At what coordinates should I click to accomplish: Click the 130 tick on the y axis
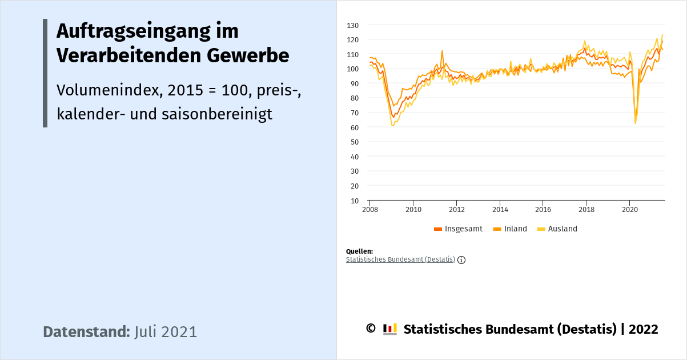pos(352,25)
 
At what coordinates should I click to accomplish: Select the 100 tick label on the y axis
pos(352,69)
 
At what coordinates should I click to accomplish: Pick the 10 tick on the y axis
pos(354,201)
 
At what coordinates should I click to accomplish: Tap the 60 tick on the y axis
pos(354,127)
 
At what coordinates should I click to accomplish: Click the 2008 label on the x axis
pos(370,209)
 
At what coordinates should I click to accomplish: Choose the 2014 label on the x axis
pos(500,209)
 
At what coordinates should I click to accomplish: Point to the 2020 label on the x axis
pos(629,209)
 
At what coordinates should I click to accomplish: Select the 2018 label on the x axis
pos(586,209)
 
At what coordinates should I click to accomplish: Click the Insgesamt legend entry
pos(458,229)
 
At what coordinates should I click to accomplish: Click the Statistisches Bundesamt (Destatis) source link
pos(400,259)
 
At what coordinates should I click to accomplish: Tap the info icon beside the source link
pos(461,260)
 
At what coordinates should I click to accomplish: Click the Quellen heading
pos(359,251)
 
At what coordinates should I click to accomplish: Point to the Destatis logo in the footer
pos(390,329)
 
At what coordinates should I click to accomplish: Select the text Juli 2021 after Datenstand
pos(166,332)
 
